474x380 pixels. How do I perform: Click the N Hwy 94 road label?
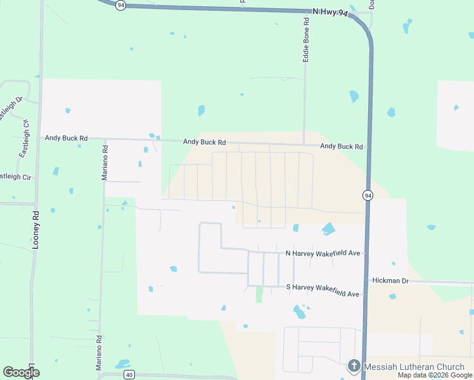pos(330,12)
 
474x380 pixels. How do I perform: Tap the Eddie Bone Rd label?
pos(306,39)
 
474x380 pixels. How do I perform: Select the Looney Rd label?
pos(36,229)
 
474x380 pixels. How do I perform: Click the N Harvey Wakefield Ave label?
pos(323,253)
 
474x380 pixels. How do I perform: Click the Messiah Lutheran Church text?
pos(414,367)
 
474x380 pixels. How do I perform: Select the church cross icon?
pos(354,367)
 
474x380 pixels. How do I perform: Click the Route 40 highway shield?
pos(129,374)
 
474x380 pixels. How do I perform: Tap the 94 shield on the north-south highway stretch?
pos(368,196)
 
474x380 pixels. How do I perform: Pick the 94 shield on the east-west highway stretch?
pos(121,4)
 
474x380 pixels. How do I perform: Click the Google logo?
pos(22,372)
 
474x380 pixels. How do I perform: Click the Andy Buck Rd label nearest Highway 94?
pos(341,146)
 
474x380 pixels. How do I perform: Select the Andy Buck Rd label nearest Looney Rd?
pos(66,137)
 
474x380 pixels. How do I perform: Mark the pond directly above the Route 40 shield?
pos(123,364)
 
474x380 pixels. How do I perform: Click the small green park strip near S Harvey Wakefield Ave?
pos(259,294)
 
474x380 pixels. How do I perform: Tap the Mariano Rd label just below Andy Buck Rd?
pos(105,163)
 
